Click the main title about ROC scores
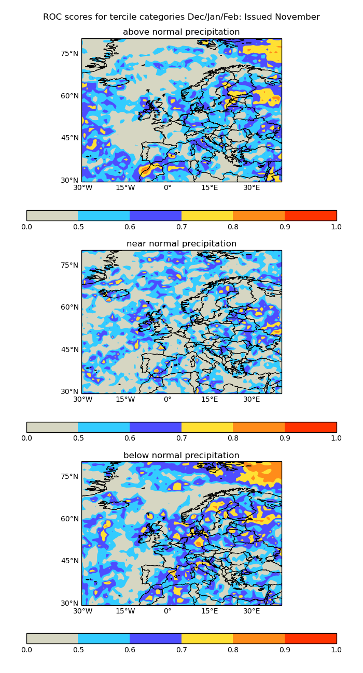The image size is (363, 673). tap(181, 17)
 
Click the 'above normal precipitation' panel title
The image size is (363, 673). tap(181, 32)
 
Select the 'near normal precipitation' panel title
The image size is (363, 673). tap(181, 244)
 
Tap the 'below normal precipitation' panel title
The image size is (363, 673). tap(181, 456)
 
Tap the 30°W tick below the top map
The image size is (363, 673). tap(82, 187)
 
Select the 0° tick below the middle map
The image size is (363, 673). tap(167, 399)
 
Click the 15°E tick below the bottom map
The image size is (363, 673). tap(210, 611)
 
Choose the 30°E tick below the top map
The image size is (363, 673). tap(252, 187)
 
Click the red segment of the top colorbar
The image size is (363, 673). tap(310, 215)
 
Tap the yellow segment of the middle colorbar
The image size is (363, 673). tap(207, 427)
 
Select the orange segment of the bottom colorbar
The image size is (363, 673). tap(259, 638)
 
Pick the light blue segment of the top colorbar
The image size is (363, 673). tap(104, 215)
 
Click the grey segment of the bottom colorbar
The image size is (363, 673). tap(52, 638)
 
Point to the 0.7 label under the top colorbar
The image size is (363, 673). tap(181, 227)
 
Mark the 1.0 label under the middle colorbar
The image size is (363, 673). tap(336, 438)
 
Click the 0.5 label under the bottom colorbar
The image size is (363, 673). tap(78, 650)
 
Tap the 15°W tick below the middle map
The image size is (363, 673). tap(125, 399)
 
